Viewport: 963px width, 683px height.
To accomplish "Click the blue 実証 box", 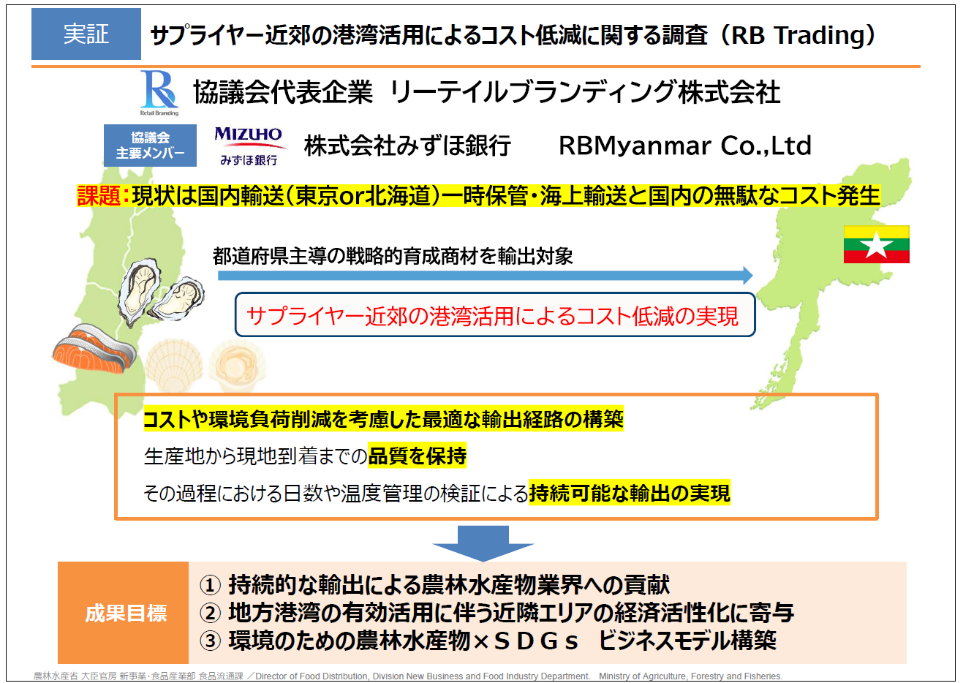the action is coord(86,34).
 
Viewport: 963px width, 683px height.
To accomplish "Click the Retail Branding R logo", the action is coord(159,93).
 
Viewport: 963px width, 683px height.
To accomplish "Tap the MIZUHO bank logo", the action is coord(249,146).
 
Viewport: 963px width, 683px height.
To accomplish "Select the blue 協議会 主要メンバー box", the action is coord(150,146).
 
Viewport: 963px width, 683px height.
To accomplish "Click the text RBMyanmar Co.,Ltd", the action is coord(685,146).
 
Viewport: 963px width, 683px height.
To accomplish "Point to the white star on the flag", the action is coord(876,245).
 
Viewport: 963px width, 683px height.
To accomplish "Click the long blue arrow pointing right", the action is coord(485,276).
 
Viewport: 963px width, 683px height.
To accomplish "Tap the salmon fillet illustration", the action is coord(94,349).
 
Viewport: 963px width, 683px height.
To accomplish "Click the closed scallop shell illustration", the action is coord(174,366).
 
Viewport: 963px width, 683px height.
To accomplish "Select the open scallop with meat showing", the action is coord(238,366).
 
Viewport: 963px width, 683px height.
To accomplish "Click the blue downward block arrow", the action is coord(483,543).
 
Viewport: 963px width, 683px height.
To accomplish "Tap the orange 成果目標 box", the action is coord(124,613).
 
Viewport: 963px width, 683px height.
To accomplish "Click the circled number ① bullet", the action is coord(211,585).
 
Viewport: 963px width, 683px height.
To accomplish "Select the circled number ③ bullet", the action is coord(211,641).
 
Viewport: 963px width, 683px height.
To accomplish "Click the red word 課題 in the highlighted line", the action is coord(99,196).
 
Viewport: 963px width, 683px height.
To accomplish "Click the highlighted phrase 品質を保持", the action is coord(417,456).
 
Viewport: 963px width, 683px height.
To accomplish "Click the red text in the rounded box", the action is coord(493,317).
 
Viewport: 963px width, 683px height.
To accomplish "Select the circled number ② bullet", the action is coord(211,613).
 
